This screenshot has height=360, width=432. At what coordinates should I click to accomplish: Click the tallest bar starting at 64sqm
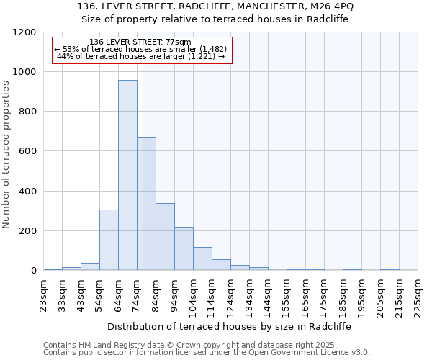pos(127,175)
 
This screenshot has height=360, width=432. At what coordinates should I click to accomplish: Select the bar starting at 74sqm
pos(146,204)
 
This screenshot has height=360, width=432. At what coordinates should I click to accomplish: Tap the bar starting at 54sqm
pos(109,240)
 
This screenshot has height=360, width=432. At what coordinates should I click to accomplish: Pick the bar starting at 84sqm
pos(165,237)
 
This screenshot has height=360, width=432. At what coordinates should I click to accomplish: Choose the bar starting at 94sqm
pos(184,248)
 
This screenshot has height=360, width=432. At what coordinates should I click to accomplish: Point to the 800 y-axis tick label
pos(27,112)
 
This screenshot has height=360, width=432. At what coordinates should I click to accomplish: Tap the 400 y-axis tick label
pos(27,192)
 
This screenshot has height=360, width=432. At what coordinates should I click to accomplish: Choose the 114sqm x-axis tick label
pos(212,294)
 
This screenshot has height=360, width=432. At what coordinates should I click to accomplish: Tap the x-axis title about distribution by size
pos(230,326)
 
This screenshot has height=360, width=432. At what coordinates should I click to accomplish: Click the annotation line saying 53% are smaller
pos(141,49)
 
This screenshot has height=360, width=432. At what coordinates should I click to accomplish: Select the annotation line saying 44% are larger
pos(141,56)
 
